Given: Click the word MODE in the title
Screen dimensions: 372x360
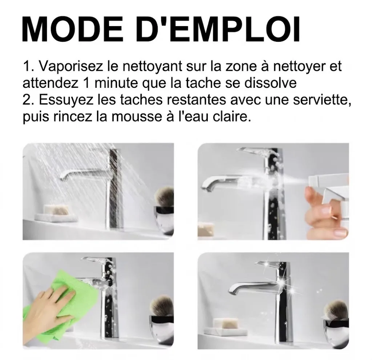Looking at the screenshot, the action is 73,29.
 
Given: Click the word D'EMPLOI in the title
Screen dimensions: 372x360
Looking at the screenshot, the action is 218,29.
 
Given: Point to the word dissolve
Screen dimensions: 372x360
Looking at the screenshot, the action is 270,83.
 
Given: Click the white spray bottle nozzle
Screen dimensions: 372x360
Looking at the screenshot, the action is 326,180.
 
